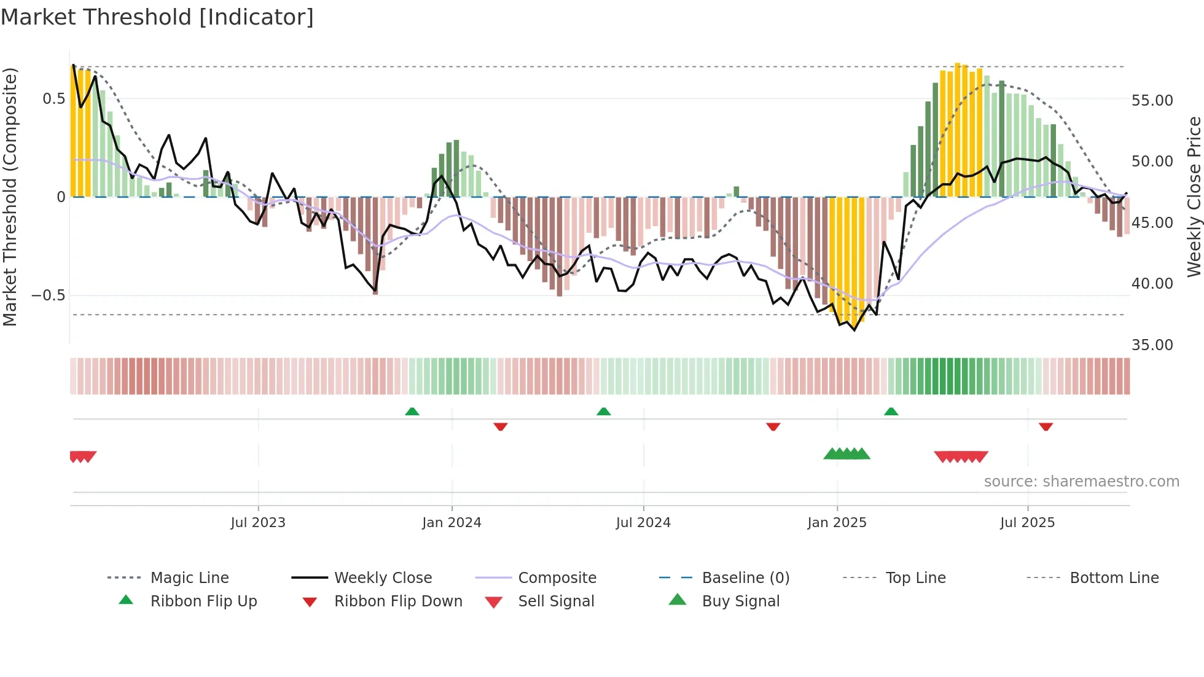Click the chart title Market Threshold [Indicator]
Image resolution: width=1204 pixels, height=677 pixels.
[157, 17]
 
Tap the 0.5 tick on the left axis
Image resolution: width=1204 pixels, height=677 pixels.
[54, 99]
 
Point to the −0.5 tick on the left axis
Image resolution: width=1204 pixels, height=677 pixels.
[49, 295]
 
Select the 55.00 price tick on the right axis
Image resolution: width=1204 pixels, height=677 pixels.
[1152, 100]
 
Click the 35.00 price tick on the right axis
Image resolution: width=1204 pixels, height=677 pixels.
[1152, 345]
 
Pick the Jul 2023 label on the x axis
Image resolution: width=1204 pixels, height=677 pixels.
[258, 523]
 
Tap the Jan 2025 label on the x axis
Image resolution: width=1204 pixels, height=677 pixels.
[837, 523]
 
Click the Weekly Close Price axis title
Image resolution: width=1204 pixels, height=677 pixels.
[1194, 197]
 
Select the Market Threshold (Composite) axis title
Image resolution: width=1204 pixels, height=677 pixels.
[10, 197]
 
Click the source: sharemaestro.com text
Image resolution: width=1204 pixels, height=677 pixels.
[1081, 482]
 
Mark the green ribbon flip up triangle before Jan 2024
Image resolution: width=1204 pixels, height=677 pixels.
[412, 412]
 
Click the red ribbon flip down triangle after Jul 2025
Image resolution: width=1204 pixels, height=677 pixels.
[1046, 426]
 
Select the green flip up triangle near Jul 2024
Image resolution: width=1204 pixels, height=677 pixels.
[603, 412]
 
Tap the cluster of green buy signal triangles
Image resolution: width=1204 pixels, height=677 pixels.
[846, 454]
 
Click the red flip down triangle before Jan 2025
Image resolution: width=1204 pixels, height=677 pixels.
[773, 426]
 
